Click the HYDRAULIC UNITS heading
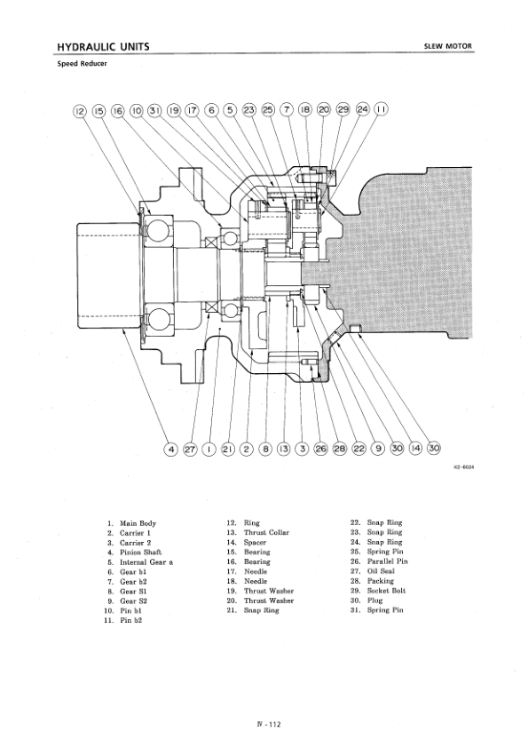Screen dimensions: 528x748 103,46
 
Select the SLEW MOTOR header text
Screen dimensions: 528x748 448,46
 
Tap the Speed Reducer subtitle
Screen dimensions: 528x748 82,63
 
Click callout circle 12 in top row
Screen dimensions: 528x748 80,111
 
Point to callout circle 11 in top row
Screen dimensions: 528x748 382,110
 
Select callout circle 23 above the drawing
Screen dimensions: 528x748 248,110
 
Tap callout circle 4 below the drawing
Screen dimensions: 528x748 170,449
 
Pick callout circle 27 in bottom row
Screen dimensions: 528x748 189,449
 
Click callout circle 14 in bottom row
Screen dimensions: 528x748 415,448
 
